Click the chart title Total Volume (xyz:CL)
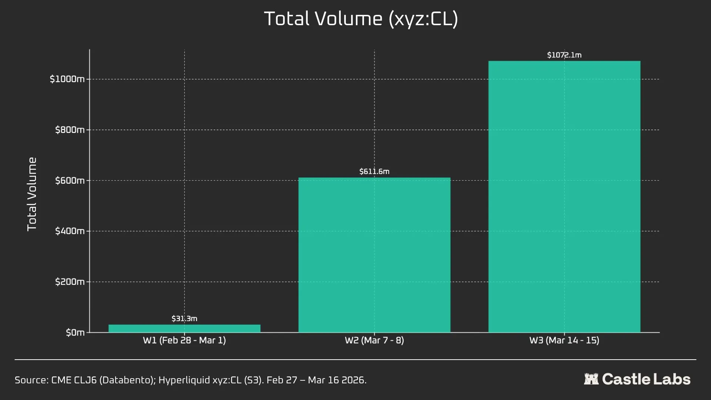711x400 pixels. (x=361, y=19)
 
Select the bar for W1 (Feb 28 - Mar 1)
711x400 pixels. (x=184, y=329)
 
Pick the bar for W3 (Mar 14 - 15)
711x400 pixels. (x=564, y=197)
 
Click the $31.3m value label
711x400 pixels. (x=184, y=319)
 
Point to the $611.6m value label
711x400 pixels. (x=374, y=171)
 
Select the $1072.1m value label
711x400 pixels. (x=564, y=55)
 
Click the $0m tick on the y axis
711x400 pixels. (x=75, y=333)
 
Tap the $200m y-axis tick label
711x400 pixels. (x=70, y=282)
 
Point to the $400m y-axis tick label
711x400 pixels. (x=70, y=231)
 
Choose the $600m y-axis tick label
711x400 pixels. (x=70, y=181)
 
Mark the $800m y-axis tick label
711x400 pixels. (x=70, y=130)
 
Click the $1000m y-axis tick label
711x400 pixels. (x=67, y=79)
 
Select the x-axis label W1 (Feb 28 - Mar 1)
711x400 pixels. (x=184, y=340)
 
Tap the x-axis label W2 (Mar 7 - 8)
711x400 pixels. (x=374, y=340)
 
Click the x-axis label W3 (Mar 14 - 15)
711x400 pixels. (x=564, y=340)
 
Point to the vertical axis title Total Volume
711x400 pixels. (x=32, y=194)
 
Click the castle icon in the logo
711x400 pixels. (x=591, y=379)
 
